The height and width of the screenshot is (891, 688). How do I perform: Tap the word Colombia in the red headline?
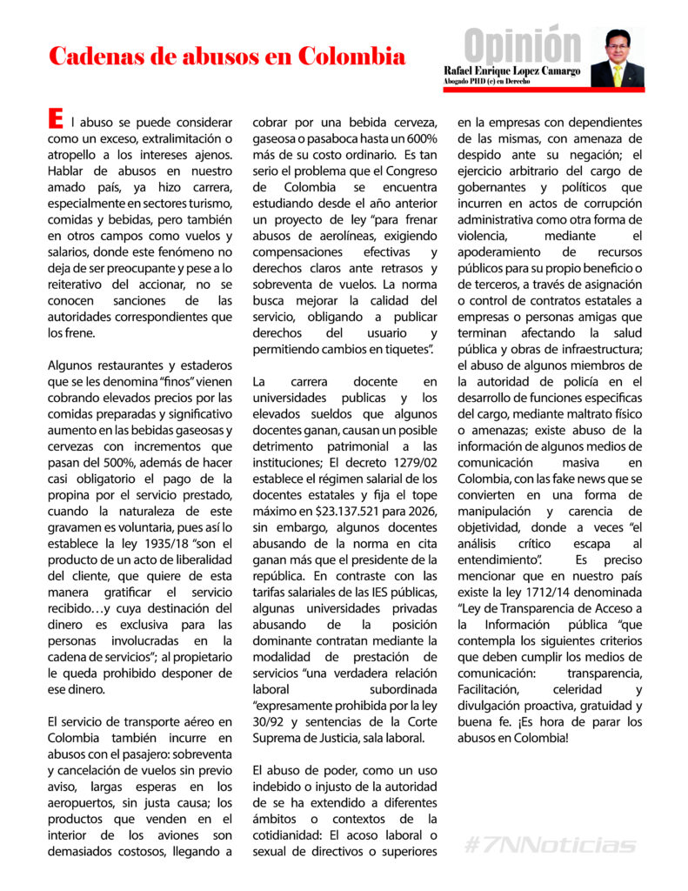351,57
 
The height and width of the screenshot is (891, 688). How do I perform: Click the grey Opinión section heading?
522,44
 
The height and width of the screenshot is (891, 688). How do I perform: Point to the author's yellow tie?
618,76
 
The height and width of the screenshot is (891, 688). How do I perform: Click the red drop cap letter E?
56,117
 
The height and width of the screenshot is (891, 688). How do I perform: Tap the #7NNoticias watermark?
549,845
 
